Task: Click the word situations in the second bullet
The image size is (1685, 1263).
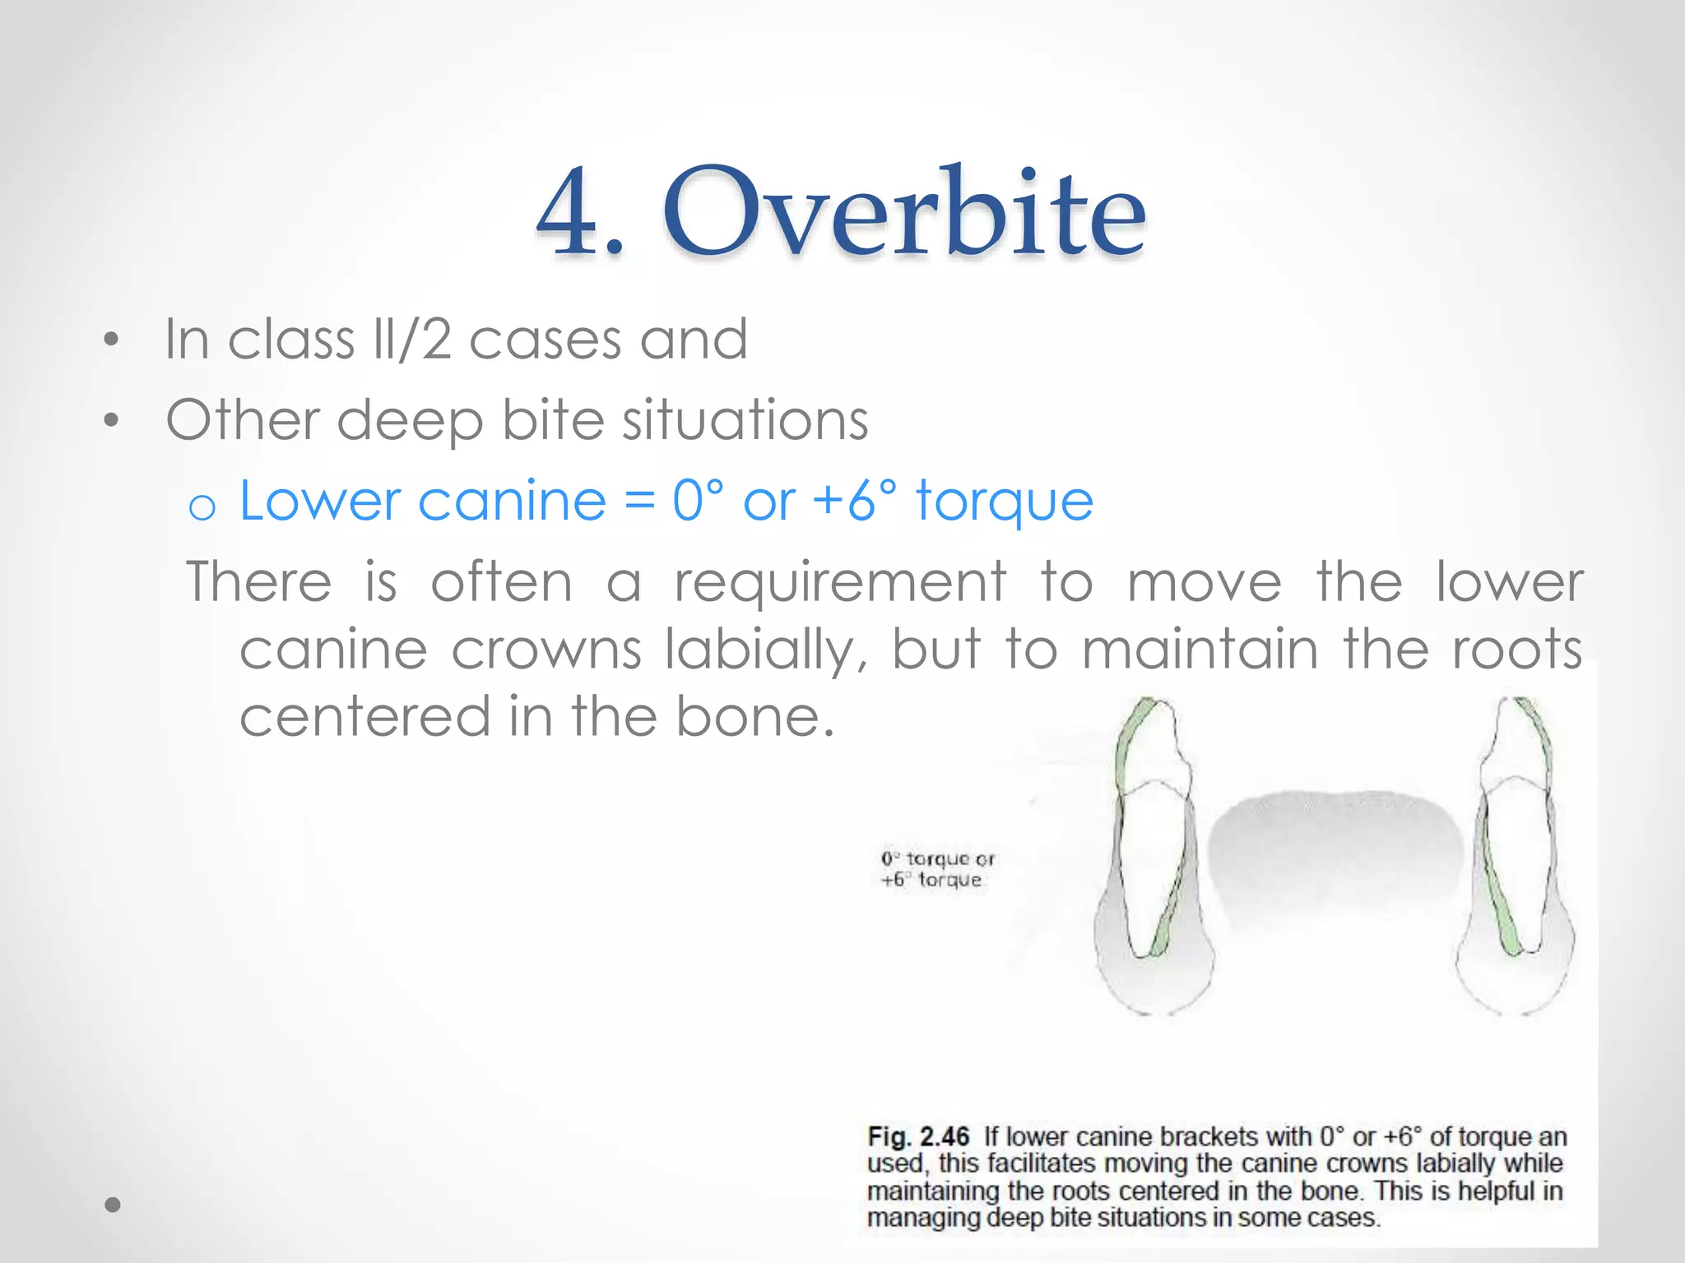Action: (x=745, y=419)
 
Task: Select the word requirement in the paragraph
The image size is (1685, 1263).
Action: (x=840, y=581)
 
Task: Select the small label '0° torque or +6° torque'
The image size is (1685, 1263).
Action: (x=937, y=869)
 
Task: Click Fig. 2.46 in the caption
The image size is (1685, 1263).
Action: (x=918, y=1137)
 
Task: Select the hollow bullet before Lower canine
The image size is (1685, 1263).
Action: (x=202, y=507)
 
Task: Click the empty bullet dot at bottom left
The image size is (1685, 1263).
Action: (x=113, y=1205)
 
